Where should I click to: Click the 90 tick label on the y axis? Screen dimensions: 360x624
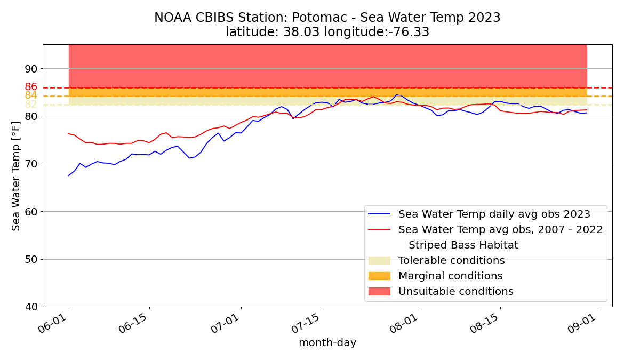tap(31, 69)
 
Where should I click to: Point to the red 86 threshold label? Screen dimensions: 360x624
tap(31, 86)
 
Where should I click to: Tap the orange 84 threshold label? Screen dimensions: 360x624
tap(31, 95)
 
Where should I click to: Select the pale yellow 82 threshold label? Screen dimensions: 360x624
tap(31, 105)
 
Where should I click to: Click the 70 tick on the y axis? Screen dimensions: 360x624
tap(31, 164)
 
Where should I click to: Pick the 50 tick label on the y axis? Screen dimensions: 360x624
tap(31, 260)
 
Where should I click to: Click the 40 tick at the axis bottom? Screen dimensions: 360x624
tap(31, 307)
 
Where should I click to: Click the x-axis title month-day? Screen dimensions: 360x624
tap(327, 343)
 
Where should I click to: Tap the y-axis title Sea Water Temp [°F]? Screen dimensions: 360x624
tap(17, 176)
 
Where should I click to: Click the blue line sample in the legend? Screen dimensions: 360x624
tap(379, 214)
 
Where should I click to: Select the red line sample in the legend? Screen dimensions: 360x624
tap(379, 230)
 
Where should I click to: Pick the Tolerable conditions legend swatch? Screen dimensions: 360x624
tap(379, 261)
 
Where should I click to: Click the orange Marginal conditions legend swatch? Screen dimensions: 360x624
tap(379, 276)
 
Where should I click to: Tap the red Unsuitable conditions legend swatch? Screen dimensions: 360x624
tap(379, 292)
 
